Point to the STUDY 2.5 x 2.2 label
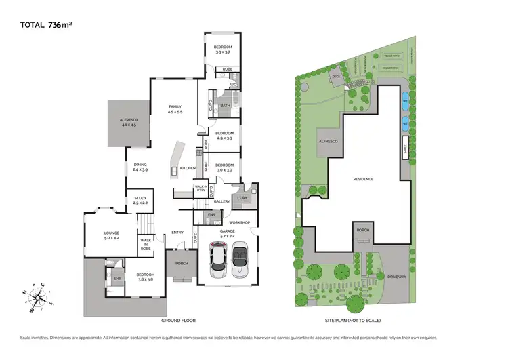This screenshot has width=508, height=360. click(140, 201)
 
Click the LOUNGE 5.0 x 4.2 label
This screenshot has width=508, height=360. click(111, 235)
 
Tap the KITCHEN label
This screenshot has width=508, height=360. click(188, 168)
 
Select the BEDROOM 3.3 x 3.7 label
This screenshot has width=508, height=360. click(223, 49)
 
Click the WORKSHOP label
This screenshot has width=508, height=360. click(240, 222)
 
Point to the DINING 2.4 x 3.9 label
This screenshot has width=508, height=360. click(140, 167)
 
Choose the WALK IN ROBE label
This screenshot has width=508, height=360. click(146, 245)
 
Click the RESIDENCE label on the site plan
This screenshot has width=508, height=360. click(364, 179)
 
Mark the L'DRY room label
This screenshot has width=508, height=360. click(242, 197)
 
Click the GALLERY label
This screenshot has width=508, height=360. click(222, 201)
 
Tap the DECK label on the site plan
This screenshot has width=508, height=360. click(336, 76)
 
